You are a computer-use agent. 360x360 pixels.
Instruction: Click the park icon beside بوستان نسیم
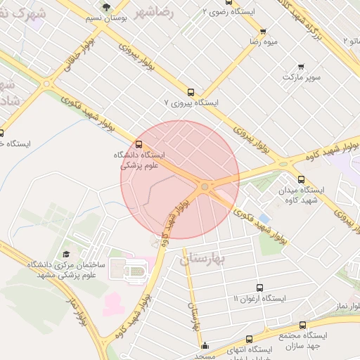(x=105, y=6)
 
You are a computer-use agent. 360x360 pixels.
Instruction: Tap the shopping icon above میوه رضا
(x=263, y=31)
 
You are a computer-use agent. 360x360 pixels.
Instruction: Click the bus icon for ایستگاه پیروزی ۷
(x=191, y=91)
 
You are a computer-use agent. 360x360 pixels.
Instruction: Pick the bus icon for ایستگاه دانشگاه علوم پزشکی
(x=138, y=143)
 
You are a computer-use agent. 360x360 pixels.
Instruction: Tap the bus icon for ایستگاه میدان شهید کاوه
(x=302, y=179)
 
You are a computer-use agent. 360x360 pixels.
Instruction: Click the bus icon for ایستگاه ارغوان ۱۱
(x=259, y=288)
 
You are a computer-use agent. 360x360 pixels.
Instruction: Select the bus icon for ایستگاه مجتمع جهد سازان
(x=302, y=326)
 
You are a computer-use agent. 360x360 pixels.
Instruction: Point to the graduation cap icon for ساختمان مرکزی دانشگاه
(x=66, y=254)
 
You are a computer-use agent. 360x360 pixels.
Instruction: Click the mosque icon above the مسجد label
(x=205, y=345)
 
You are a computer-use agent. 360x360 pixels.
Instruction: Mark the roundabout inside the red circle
(x=205, y=186)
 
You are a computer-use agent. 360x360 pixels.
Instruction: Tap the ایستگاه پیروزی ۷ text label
(x=191, y=103)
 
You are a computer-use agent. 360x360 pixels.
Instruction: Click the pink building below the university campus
(x=112, y=304)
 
